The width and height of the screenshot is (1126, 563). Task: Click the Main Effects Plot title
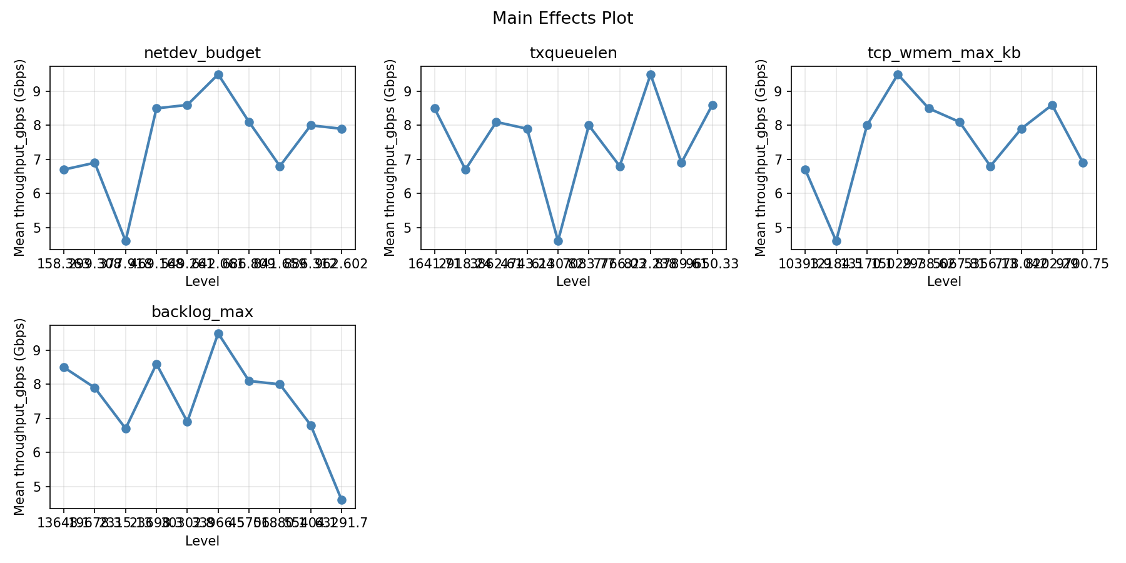(562, 19)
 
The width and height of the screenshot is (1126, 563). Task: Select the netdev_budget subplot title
(202, 54)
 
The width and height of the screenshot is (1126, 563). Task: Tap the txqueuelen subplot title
(573, 54)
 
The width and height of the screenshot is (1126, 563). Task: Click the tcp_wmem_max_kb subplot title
(943, 54)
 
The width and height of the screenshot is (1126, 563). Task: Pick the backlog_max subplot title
(202, 313)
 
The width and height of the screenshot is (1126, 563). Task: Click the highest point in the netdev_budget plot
(218, 75)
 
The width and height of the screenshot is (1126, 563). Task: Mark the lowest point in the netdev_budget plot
(126, 241)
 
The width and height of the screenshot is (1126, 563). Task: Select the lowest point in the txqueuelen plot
(558, 241)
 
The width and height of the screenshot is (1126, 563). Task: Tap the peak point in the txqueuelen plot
(651, 75)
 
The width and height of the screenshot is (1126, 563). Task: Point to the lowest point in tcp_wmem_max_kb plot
(836, 241)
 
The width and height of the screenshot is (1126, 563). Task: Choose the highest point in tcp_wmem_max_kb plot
(898, 75)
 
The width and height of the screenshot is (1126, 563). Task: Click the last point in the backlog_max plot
(342, 500)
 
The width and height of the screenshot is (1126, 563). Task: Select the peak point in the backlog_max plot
(218, 334)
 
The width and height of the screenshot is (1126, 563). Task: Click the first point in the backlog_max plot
(64, 368)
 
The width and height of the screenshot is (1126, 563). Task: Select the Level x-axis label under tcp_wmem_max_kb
(943, 281)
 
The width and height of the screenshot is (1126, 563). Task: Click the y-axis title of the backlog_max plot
(20, 417)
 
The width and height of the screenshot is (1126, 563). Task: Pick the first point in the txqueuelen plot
(435, 109)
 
